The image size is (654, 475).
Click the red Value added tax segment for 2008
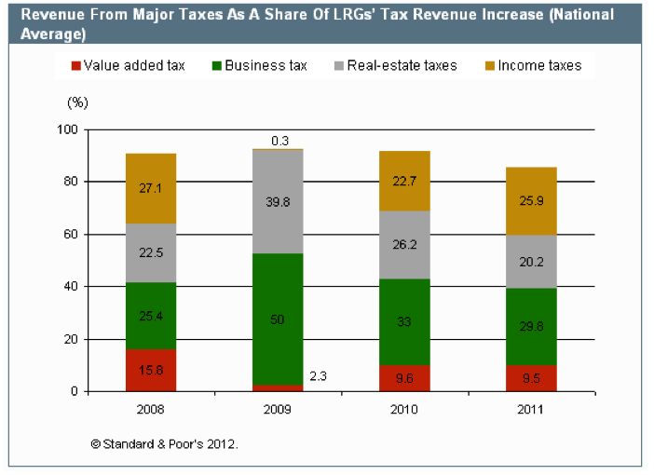tap(151, 371)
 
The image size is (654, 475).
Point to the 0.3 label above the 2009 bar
tap(279, 141)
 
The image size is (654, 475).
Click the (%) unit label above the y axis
tap(77, 99)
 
